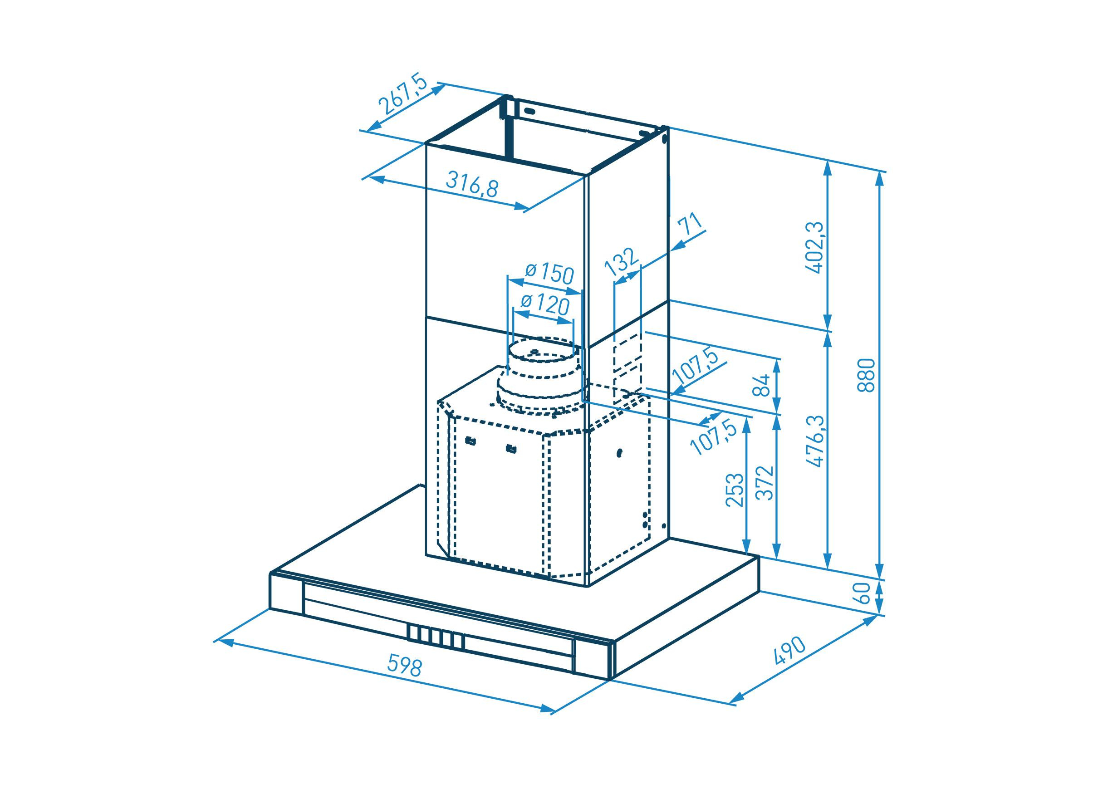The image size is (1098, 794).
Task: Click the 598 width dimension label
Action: click(x=405, y=667)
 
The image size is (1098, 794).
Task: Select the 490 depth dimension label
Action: click(x=789, y=651)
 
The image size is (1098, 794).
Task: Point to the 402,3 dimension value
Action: click(x=815, y=248)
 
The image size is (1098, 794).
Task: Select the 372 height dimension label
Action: click(x=765, y=483)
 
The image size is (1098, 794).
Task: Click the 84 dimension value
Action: click(x=765, y=385)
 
